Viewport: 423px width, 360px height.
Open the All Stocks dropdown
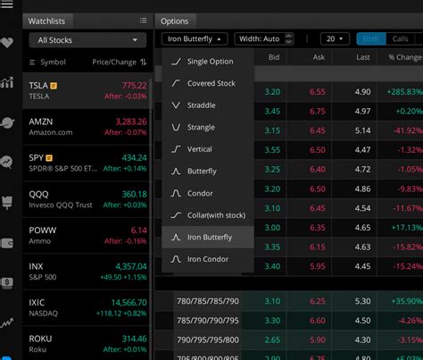(87, 40)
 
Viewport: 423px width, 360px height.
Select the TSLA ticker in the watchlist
(39, 85)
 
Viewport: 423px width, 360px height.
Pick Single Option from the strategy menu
(210, 61)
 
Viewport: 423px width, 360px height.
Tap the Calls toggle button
(401, 39)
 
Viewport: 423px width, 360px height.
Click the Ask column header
(318, 57)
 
